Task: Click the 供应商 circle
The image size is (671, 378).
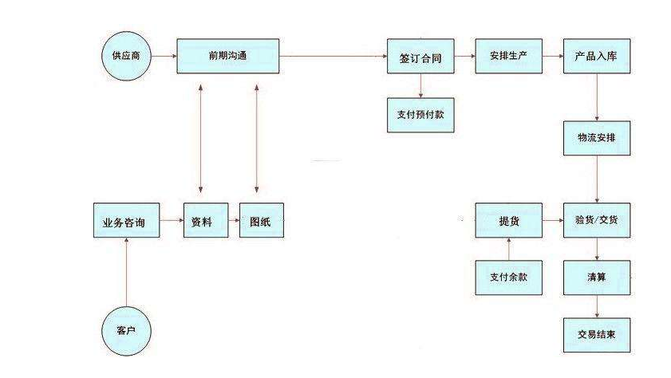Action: pyautogui.click(x=127, y=57)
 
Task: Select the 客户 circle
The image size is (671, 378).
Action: pyautogui.click(x=127, y=329)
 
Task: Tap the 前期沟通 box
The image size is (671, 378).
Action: pyautogui.click(x=228, y=57)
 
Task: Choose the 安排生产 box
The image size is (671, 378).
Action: pyautogui.click(x=508, y=57)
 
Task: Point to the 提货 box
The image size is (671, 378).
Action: pyautogui.click(x=508, y=221)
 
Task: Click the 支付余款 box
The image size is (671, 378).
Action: pyautogui.click(x=508, y=277)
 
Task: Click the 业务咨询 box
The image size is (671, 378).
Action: pyautogui.click(x=126, y=222)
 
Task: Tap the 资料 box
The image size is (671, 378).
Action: pyautogui.click(x=201, y=222)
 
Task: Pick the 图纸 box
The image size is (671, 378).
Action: pyautogui.click(x=261, y=222)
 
